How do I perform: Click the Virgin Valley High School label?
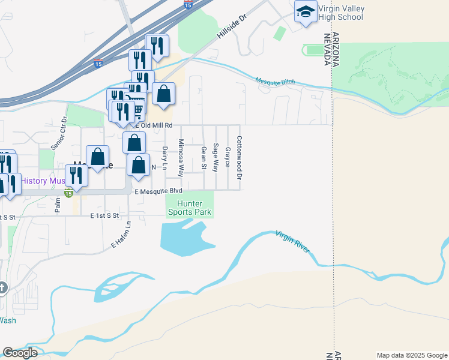coord(340,13)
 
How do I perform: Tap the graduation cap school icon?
coord(306,11)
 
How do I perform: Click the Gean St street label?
coord(204,158)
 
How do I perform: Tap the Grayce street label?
coord(228,157)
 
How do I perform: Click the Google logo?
coord(20,353)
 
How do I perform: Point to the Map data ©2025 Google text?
coord(412,355)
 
